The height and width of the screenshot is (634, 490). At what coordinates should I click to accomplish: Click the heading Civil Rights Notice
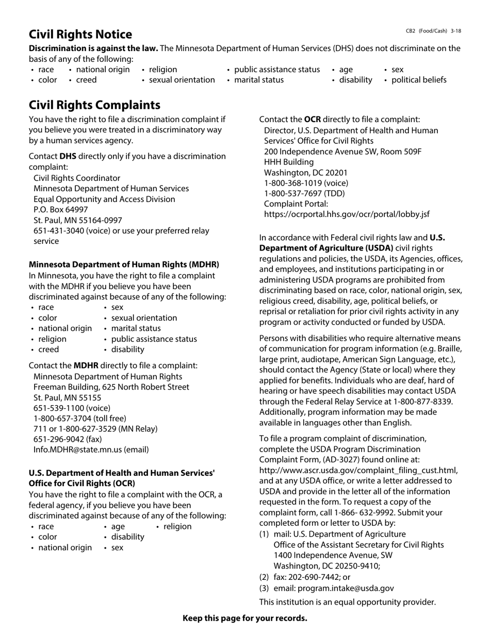80,35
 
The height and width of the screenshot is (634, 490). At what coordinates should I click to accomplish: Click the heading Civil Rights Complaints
94,105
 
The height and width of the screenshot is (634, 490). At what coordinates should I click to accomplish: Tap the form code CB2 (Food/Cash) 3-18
433,31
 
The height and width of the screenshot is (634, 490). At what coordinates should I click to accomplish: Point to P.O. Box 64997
60,210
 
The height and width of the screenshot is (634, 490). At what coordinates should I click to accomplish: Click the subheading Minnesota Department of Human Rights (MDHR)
124,264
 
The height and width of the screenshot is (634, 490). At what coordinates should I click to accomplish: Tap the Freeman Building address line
111,387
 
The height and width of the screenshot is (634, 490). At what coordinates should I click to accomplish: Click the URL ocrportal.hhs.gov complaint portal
347,214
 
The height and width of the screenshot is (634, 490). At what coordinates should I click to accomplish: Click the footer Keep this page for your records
244,618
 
